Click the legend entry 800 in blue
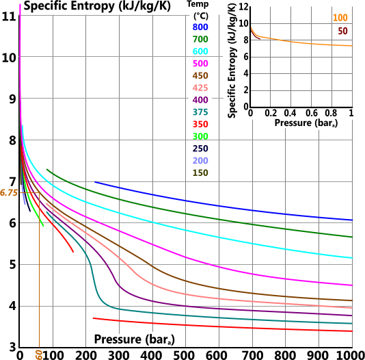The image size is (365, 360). pyautogui.click(x=200, y=27)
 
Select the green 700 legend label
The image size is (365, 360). pyautogui.click(x=200, y=40)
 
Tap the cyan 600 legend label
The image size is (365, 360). pyautogui.click(x=200, y=52)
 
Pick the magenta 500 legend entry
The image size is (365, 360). pyautogui.click(x=200, y=64)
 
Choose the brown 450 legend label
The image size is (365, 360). pyautogui.click(x=200, y=76)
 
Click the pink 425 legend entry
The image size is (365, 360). pyautogui.click(x=200, y=88)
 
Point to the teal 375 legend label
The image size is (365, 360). pyautogui.click(x=200, y=112)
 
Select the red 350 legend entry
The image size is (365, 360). pyautogui.click(x=200, y=125)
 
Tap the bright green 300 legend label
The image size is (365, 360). pyautogui.click(x=200, y=137)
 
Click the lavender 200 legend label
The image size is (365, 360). pyautogui.click(x=200, y=161)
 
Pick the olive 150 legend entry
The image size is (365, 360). pyautogui.click(x=200, y=173)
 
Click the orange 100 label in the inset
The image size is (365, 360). pyautogui.click(x=340, y=18)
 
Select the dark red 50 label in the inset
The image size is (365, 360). pyautogui.click(x=342, y=31)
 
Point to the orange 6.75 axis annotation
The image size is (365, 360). pyautogui.click(x=9, y=193)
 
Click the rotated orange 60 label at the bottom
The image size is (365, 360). pyautogui.click(x=39, y=354)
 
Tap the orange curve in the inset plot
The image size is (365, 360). pyautogui.click(x=301, y=42)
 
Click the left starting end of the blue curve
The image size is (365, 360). pyautogui.click(x=96, y=182)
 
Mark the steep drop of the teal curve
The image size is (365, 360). pyautogui.click(x=94, y=281)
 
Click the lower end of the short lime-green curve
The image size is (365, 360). pyautogui.click(x=43, y=226)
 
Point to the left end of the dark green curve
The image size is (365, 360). pyautogui.click(x=46, y=169)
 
